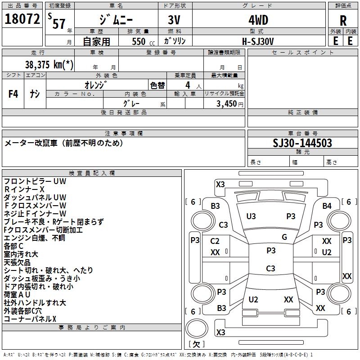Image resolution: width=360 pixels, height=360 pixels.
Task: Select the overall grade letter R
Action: [343, 21]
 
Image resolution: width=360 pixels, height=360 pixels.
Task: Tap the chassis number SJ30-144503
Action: [302, 143]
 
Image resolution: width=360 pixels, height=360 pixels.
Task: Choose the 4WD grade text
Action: [258, 20]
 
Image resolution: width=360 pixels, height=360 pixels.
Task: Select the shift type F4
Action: [13, 94]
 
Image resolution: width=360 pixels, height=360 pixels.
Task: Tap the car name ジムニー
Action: [116, 20]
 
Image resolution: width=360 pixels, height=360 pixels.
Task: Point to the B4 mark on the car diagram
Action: [327, 206]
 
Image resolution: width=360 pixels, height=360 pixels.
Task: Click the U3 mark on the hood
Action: [251, 216]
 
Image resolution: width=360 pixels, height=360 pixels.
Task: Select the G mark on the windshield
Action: [284, 237]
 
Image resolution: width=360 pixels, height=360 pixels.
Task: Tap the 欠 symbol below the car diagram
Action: [197, 344]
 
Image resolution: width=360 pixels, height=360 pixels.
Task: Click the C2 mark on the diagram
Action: [215, 241]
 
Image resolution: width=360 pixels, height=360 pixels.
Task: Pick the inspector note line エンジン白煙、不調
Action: [34, 238]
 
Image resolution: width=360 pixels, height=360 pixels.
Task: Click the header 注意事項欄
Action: [124, 134]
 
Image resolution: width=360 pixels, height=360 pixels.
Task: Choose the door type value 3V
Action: [175, 20]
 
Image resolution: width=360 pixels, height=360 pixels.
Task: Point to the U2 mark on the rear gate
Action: [253, 299]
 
